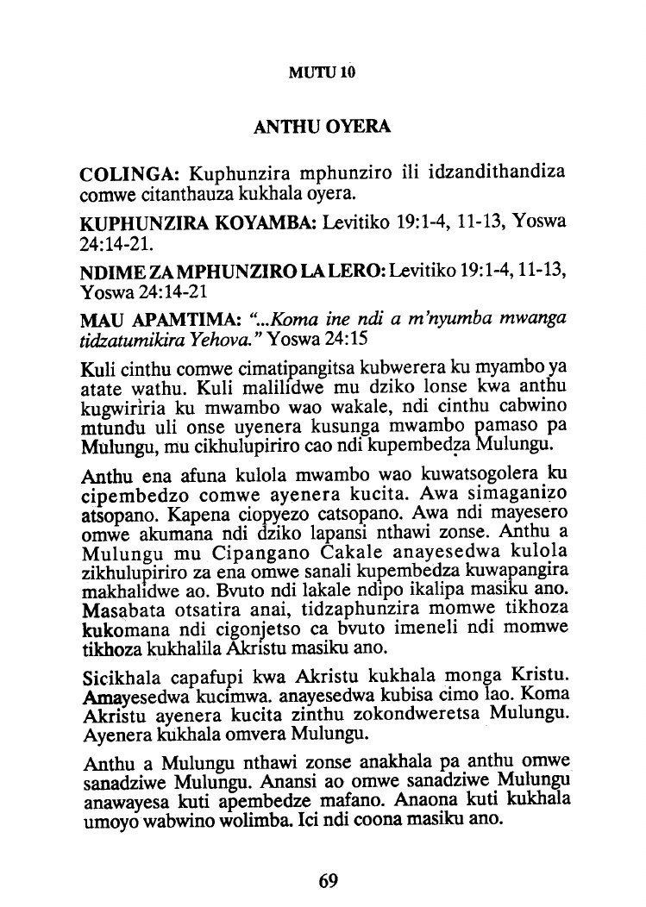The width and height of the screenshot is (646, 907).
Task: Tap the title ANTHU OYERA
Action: (323, 128)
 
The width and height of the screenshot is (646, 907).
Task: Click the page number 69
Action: (328, 880)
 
